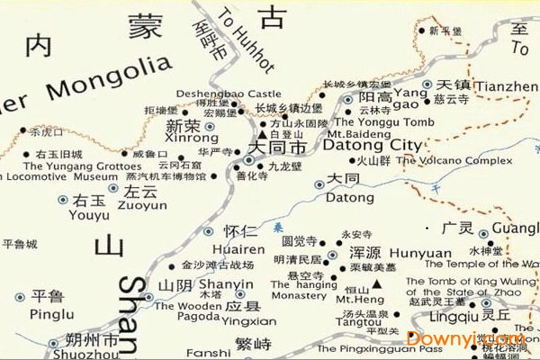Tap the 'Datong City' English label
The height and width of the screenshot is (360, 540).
371,144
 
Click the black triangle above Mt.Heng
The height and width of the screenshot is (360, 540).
377,283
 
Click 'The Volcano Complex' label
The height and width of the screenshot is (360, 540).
455,161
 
